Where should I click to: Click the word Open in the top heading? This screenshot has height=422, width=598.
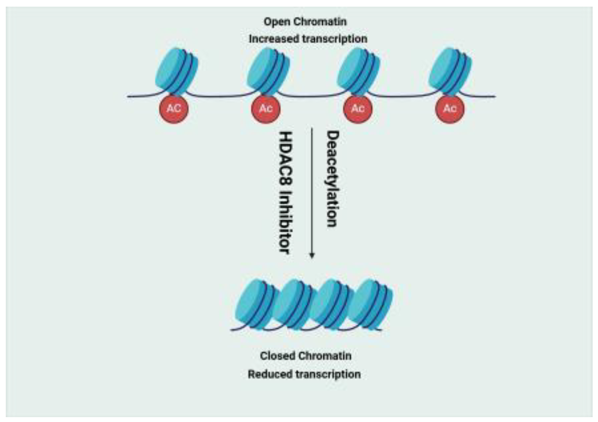point(274,22)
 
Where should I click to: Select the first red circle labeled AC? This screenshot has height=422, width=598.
point(174,109)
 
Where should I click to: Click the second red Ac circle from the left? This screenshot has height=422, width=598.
point(266,109)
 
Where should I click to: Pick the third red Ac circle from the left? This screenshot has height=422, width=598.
point(358,109)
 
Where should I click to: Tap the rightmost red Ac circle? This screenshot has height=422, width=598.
point(450,109)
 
